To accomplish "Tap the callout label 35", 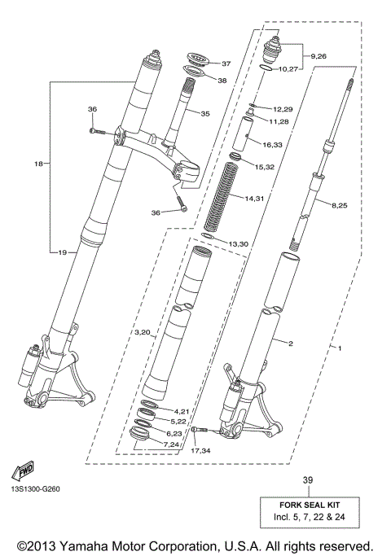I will click(x=204, y=113).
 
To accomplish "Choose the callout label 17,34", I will click(x=200, y=449).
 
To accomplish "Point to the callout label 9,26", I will click(x=318, y=56).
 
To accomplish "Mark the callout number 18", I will click(x=37, y=164).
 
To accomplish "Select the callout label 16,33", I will click(x=273, y=144).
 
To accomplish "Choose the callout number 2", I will click(x=289, y=343).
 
